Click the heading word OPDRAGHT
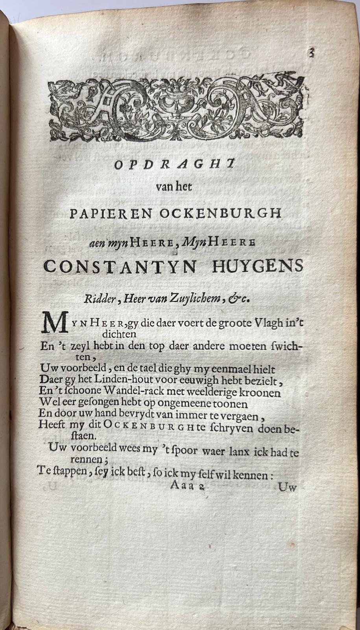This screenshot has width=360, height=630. click(x=174, y=164)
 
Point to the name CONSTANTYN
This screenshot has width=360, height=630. click(x=120, y=267)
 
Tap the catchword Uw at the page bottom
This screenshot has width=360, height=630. click(x=287, y=487)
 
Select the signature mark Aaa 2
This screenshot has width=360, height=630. click(x=186, y=485)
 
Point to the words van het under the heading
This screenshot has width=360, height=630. click(x=174, y=187)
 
